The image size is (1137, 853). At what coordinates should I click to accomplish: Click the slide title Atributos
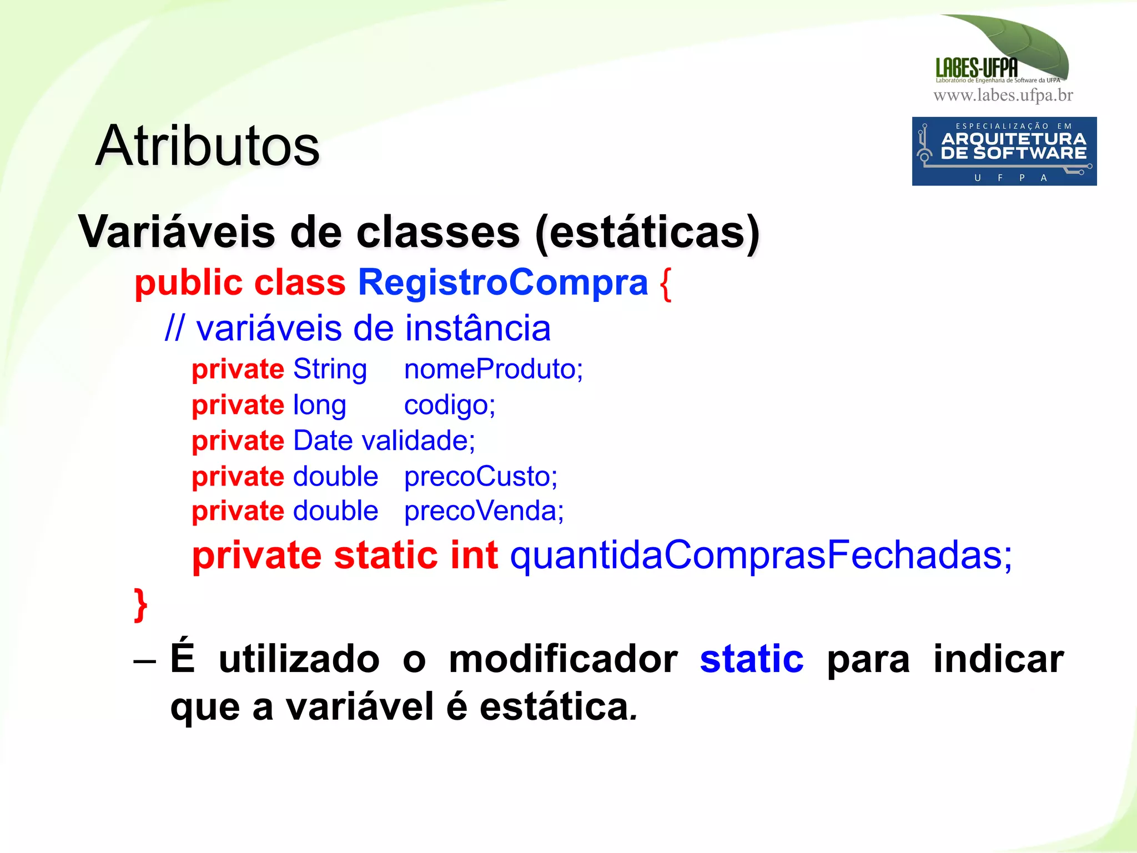pos(208,146)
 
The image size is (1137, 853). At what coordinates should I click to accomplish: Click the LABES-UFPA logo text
pos(977,68)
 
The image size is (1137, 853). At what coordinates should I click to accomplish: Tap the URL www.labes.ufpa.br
pos(1003,95)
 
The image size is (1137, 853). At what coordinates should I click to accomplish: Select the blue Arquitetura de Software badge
pos(1004,151)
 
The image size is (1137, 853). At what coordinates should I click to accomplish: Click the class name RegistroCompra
pos(503,282)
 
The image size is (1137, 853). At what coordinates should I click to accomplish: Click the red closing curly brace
pos(141,605)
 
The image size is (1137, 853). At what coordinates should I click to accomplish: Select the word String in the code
pos(330,370)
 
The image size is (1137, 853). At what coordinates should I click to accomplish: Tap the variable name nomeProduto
pos(492,369)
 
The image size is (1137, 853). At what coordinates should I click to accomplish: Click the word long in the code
pos(319,406)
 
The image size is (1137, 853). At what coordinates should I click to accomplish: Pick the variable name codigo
pos(449,406)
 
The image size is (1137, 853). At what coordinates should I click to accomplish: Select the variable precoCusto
pos(480,477)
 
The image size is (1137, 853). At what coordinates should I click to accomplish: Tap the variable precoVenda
pos(483,511)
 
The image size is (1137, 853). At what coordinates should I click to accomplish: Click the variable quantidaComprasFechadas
pos(761,555)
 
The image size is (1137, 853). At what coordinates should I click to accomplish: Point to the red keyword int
pos(474,555)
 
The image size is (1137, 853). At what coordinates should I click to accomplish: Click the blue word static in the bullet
pos(751,659)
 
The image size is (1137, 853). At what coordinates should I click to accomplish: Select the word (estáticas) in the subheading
pos(647,233)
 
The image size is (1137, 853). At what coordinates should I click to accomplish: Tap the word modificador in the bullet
pos(563,659)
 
